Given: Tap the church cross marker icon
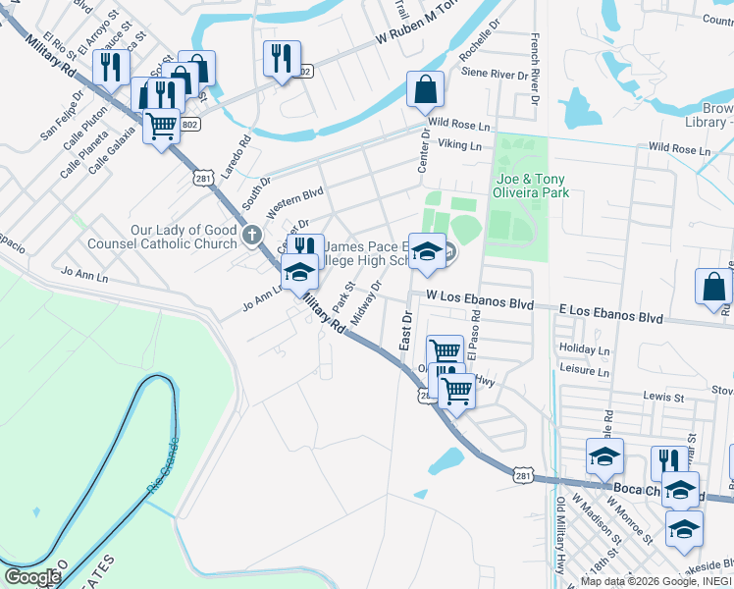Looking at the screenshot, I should click(252, 236).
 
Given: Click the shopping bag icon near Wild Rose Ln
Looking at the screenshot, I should click(425, 90).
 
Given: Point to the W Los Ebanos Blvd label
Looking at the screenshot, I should click(479, 302).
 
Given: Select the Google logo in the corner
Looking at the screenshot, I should click(32, 577).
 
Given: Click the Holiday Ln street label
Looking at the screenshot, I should click(583, 348).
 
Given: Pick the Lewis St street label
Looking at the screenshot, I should click(663, 398).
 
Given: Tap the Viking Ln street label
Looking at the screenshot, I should click(460, 145).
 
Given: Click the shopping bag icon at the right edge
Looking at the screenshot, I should click(713, 288).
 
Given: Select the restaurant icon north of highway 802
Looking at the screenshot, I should click(282, 59).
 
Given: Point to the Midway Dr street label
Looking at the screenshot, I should click(365, 304).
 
